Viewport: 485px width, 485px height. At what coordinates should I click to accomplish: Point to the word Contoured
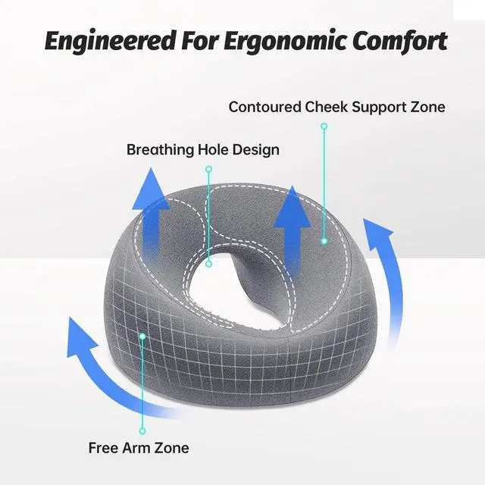point(264,107)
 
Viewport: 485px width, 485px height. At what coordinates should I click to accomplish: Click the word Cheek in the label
point(327,107)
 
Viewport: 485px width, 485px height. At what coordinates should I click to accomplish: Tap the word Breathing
point(160,149)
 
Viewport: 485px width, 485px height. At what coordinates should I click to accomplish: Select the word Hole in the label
point(214,149)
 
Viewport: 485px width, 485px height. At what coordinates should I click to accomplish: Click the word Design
point(256,149)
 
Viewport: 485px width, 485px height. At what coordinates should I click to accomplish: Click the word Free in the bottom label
point(102,447)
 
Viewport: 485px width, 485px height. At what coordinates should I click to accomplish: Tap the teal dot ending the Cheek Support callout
point(324,241)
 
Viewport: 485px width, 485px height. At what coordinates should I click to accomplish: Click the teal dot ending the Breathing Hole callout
point(209,264)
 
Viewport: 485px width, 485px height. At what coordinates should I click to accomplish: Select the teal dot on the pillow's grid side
point(142,334)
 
